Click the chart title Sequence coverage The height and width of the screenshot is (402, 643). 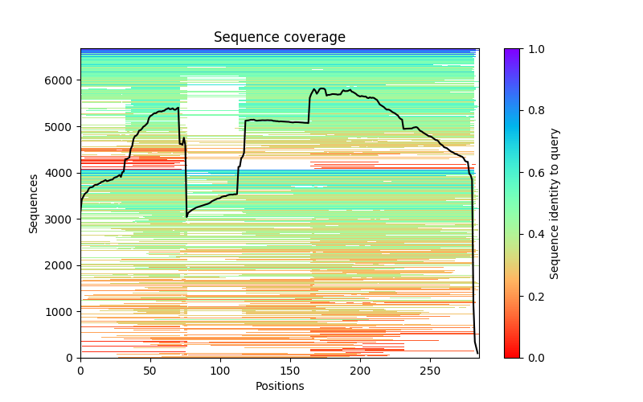click(280, 38)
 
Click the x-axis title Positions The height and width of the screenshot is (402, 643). click(280, 386)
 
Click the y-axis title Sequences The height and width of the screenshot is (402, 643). click(34, 203)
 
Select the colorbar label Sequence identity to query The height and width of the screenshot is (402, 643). click(555, 203)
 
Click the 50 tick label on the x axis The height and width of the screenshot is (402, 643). click(150, 371)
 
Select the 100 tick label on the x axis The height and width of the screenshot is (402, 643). click(220, 371)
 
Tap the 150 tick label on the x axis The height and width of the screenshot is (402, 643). click(290, 371)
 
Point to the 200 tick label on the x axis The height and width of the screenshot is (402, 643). click(360, 371)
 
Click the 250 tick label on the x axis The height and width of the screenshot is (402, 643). click(430, 371)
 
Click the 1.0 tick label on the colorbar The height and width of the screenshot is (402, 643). click(533, 49)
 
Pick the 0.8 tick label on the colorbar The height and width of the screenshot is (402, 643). click(533, 111)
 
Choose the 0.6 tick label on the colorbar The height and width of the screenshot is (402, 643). click(533, 173)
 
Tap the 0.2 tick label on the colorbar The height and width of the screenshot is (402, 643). click(533, 296)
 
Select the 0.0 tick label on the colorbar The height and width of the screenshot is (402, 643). click(533, 358)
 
